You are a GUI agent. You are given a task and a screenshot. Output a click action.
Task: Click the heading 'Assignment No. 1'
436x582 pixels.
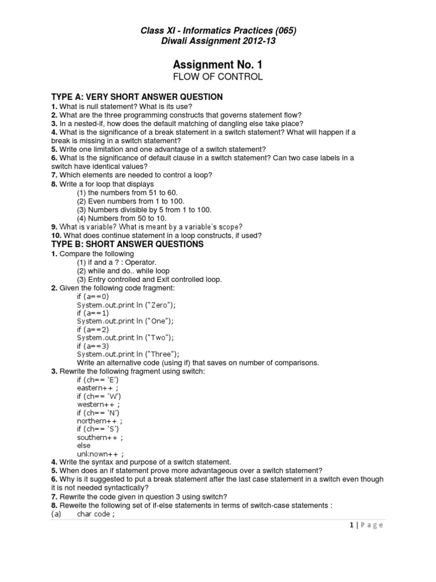217,64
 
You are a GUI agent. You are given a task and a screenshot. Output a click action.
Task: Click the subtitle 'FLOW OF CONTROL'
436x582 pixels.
217,77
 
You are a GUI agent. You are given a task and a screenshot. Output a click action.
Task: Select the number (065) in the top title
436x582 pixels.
282,30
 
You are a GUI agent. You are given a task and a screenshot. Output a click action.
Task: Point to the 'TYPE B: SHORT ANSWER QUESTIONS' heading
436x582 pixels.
127,244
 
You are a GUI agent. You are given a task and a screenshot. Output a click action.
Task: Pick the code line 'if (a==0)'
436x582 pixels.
93,296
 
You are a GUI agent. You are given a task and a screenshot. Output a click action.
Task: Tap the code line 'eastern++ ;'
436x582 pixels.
98,388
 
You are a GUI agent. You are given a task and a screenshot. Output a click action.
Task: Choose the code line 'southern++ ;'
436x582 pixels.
100,438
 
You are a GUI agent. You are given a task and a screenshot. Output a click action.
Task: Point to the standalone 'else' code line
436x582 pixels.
83,446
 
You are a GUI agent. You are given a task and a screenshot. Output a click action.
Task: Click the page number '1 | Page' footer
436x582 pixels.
366,525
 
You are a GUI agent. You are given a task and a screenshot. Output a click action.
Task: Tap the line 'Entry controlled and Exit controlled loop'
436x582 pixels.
149,279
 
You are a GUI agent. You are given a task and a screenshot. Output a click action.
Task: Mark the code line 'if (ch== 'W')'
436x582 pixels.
99,396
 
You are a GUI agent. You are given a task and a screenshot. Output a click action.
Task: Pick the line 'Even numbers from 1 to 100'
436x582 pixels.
131,201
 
